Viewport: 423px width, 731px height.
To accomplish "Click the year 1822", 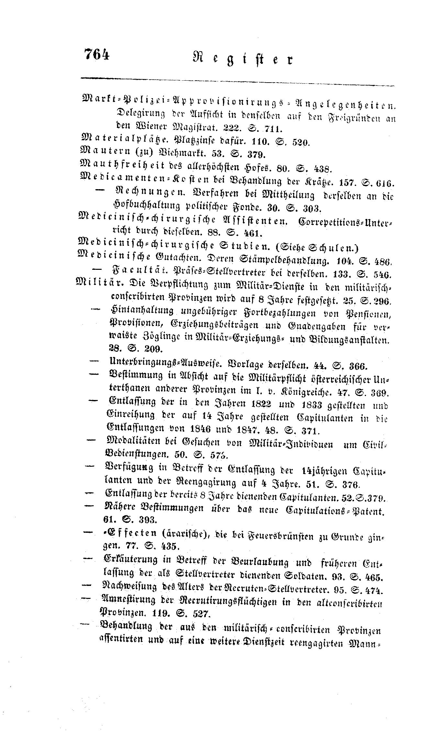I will [258, 405].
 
